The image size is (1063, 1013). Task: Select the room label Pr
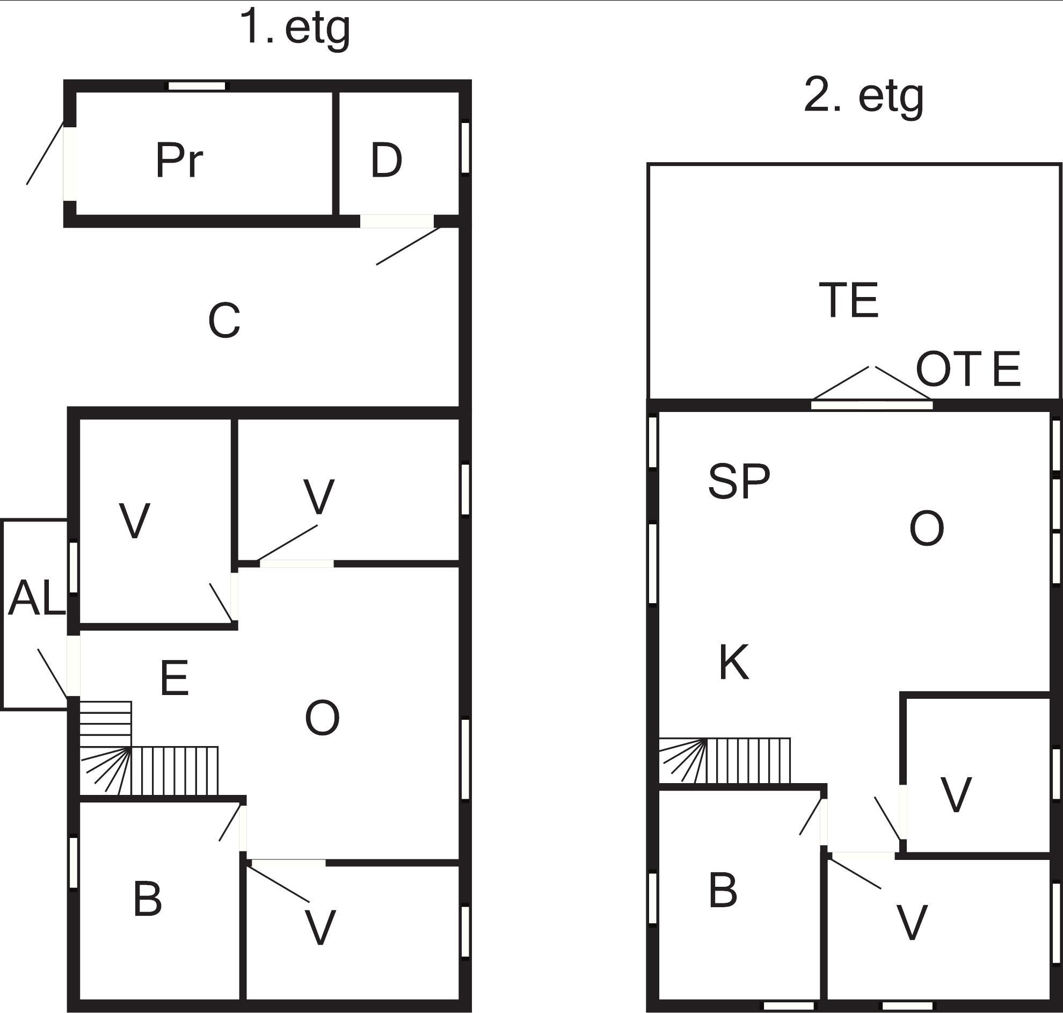tap(179, 161)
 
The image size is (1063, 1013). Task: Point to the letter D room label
tap(387, 161)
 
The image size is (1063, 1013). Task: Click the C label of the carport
tap(224, 321)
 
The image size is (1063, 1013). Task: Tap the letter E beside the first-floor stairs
tap(174, 677)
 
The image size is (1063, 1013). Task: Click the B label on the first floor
tap(147, 900)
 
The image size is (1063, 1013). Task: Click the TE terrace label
tap(849, 300)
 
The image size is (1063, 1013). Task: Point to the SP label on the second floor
tap(739, 481)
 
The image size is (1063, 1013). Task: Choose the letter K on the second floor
tap(734, 662)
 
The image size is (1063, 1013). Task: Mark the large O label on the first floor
tap(322, 718)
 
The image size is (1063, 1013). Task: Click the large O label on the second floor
tap(927, 529)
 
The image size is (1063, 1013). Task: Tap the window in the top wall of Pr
tap(197, 86)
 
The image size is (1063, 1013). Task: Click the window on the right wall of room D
tap(465, 148)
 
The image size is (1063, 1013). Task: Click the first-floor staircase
tap(149, 749)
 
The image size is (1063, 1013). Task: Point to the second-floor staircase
tap(725, 761)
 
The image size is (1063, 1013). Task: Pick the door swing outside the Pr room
tap(45, 155)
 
